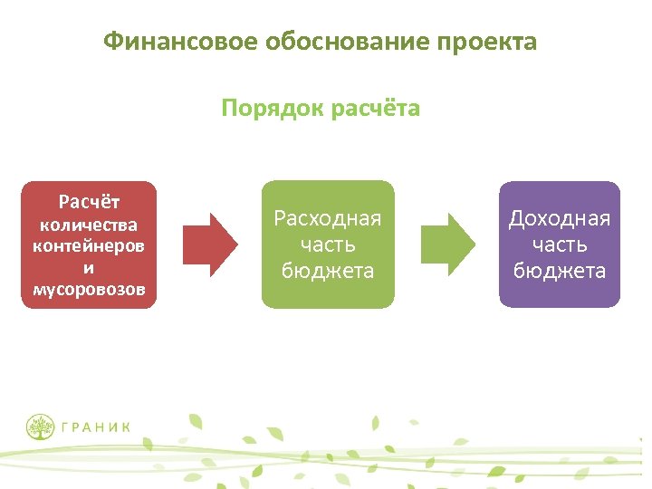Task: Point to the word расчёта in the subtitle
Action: point(376,110)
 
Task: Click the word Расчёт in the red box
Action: point(89,201)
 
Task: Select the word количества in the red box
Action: point(89,225)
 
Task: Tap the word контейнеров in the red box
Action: point(89,246)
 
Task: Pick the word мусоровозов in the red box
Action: point(89,291)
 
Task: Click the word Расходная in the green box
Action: point(328,218)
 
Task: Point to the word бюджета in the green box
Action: point(328,271)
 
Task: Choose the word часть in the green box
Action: point(328,244)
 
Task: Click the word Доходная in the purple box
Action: point(560,218)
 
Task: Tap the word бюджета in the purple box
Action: point(560,271)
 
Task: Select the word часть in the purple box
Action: point(560,244)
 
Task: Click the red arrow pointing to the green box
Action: point(210,244)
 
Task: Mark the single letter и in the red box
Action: point(89,268)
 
